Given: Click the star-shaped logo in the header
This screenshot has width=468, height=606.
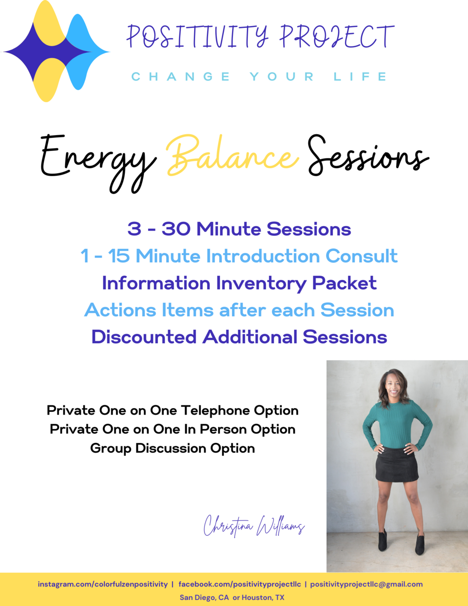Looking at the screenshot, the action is [56, 51].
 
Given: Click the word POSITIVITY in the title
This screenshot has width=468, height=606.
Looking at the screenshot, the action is [197, 36].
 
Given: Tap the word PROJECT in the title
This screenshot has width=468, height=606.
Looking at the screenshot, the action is [337, 36].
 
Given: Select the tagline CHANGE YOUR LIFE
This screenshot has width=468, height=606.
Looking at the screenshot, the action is [259, 76].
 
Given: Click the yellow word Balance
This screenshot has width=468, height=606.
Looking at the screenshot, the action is [233, 156].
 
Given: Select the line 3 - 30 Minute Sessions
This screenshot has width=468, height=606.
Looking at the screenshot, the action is [239, 229].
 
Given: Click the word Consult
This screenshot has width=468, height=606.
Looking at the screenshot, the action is [361, 256].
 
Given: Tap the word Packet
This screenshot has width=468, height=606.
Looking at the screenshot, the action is [344, 283].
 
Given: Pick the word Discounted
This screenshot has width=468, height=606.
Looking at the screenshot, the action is [144, 337].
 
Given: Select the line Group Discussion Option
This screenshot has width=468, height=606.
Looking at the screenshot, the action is [173, 449].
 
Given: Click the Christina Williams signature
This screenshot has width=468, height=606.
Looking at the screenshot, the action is [254, 526].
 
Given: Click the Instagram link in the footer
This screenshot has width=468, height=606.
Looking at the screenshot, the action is [103, 585].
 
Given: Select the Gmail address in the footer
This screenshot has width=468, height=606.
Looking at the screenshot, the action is [366, 585].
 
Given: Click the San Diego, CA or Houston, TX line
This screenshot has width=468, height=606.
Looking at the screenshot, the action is [232, 598].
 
